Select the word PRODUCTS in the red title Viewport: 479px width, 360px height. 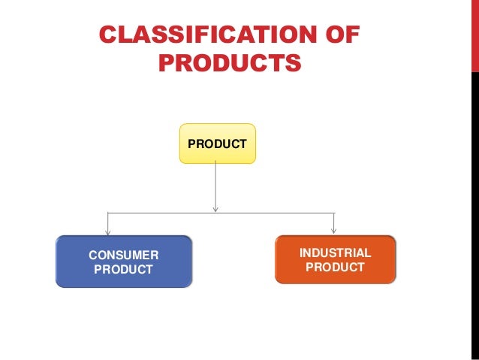click(x=230, y=63)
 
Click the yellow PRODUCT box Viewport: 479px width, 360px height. click(x=217, y=144)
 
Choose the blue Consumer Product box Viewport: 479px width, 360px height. click(x=123, y=262)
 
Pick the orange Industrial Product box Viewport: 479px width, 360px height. click(x=335, y=259)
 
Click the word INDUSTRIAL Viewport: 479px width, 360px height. click(x=335, y=253)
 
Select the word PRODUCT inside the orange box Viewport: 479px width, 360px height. click(x=335, y=267)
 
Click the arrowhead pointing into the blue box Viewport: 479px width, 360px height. click(x=108, y=231)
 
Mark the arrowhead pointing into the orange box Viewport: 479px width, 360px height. click(x=333, y=230)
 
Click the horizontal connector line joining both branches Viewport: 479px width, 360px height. click(x=165, y=213)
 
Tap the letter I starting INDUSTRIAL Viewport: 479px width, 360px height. click(x=302, y=253)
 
